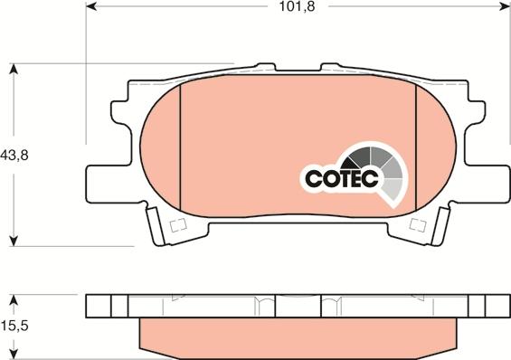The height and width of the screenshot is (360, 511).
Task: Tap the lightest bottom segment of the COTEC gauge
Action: pos(393,189)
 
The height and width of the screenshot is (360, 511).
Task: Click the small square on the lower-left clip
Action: pos(177,224)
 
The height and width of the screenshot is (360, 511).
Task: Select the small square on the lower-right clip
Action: pos(417,224)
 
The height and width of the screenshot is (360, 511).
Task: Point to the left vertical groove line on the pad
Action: pos(180,149)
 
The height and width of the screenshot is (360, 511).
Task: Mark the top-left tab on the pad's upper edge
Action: pos(265,68)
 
